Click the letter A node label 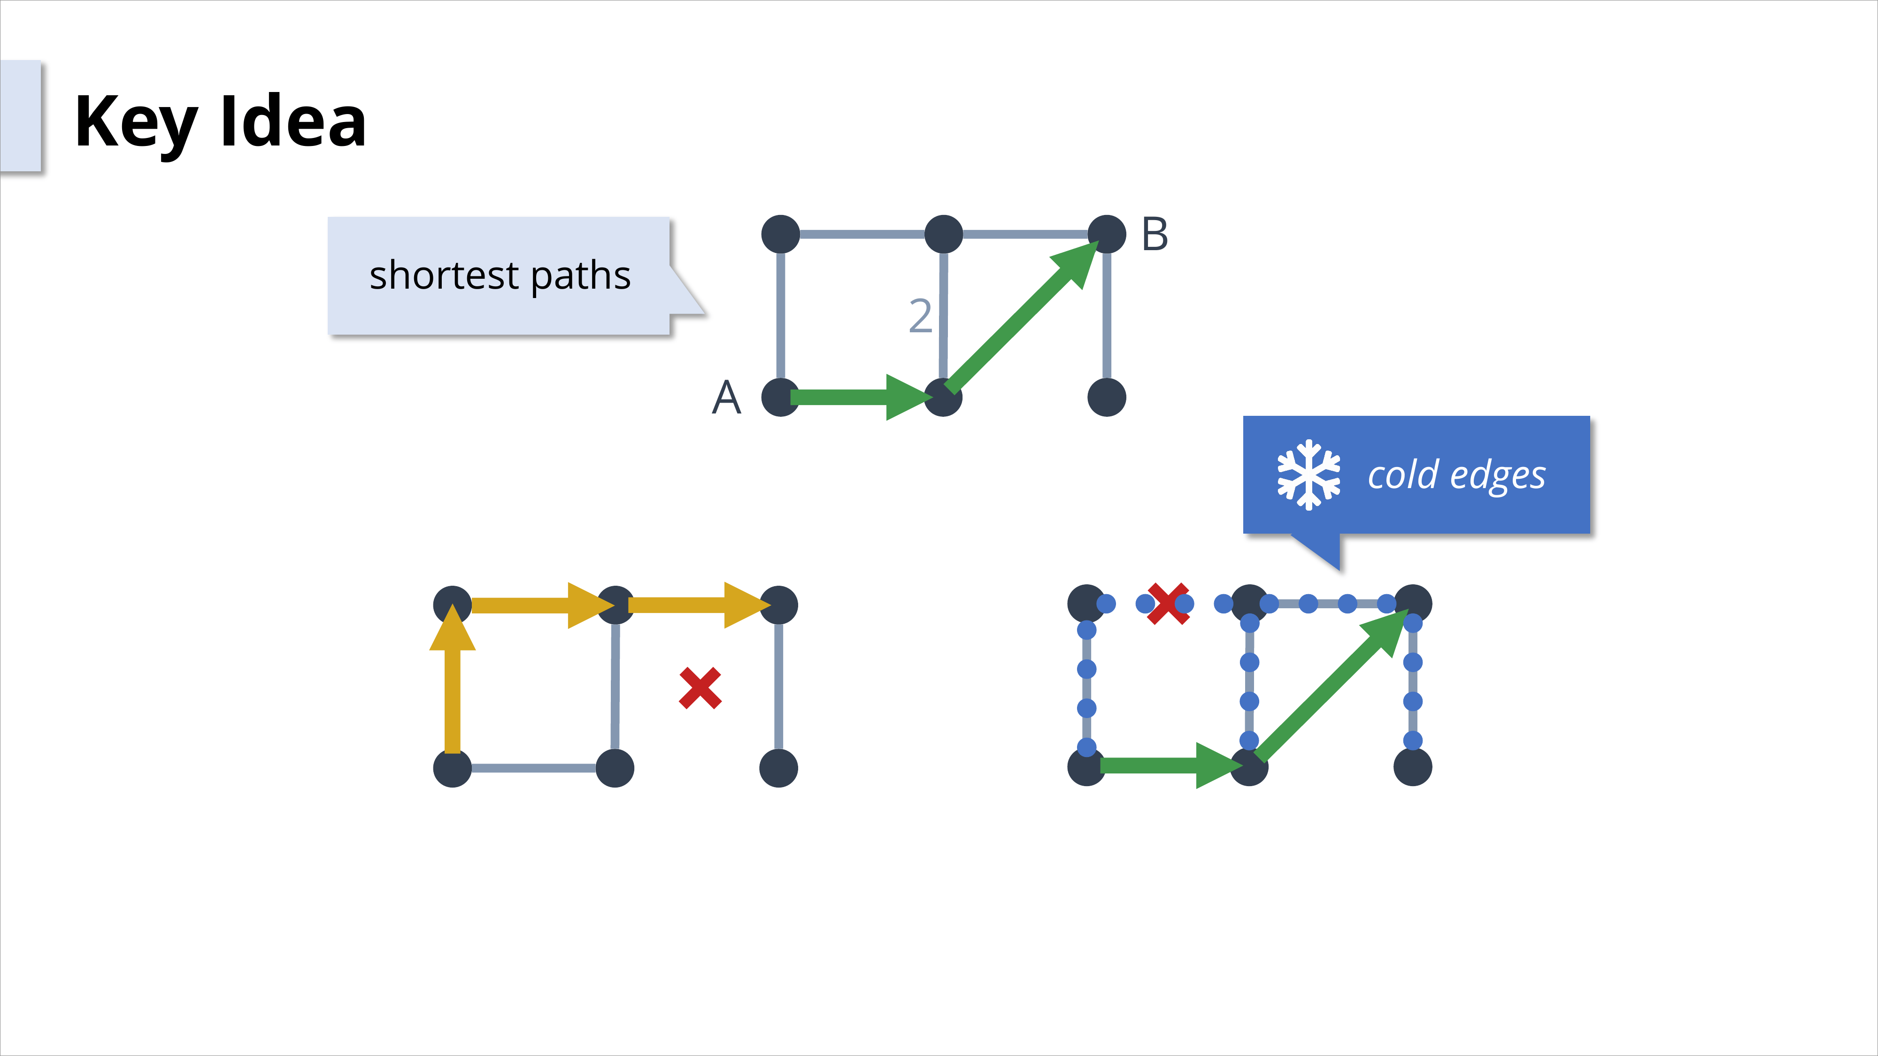[726, 398]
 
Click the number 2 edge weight [920, 316]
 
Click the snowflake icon [1308, 475]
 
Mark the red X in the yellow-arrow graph [700, 688]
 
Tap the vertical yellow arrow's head [452, 628]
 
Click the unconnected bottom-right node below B [1107, 397]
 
